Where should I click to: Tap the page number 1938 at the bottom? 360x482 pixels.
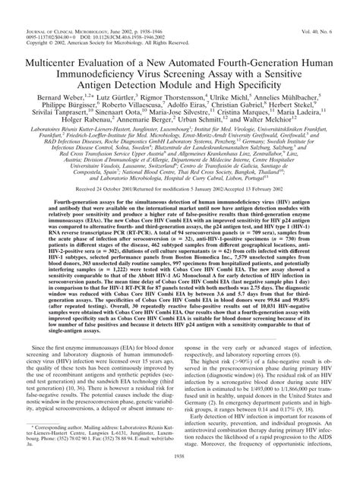pos(180,477)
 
